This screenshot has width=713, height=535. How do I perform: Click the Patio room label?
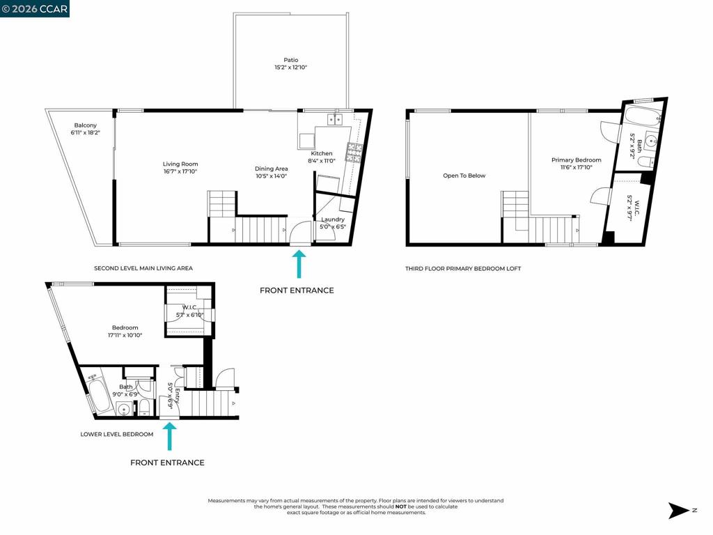(x=290, y=60)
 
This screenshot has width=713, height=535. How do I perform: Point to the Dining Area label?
(x=271, y=169)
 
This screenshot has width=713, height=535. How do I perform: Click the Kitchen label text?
(x=322, y=153)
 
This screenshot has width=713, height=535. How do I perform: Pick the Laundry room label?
(x=333, y=219)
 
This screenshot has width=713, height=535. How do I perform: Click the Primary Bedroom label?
(x=576, y=160)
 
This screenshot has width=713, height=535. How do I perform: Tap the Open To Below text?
(x=464, y=176)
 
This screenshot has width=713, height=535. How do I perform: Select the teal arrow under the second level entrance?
(x=299, y=264)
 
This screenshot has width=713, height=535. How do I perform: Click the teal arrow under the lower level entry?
(x=169, y=436)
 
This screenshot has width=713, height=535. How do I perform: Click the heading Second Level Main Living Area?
(x=143, y=268)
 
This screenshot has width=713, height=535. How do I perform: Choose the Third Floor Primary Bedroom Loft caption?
(x=463, y=268)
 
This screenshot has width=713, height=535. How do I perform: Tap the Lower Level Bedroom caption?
(x=116, y=434)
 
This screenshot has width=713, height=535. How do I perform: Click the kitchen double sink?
(x=336, y=119)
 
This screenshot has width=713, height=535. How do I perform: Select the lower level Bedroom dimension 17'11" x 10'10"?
(x=125, y=335)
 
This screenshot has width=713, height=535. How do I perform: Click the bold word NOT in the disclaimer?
(x=400, y=506)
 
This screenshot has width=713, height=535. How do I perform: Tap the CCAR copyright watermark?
(x=35, y=8)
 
